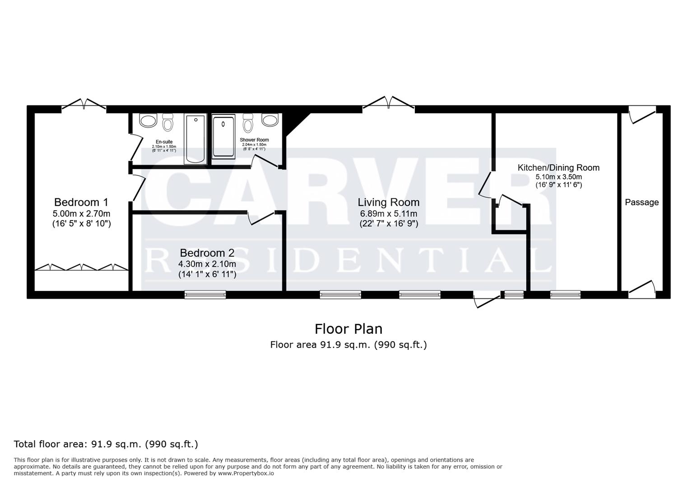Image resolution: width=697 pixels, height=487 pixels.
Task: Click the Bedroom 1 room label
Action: point(81,202)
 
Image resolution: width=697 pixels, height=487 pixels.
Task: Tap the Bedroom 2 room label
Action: point(207,253)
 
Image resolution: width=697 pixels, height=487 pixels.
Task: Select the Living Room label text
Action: point(389,202)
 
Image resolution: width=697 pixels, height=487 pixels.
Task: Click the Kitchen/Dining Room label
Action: point(558,168)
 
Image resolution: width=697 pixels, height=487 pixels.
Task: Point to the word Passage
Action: point(641,202)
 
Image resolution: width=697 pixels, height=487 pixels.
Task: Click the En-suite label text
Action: point(164,142)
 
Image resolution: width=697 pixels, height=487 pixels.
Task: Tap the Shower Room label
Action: point(254,140)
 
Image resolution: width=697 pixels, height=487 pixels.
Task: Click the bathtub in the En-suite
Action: point(195,139)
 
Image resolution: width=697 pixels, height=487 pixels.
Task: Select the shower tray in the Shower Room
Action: point(224,137)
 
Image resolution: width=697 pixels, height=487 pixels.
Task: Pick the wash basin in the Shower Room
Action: point(270,120)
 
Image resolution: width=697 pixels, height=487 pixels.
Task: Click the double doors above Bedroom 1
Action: point(84,104)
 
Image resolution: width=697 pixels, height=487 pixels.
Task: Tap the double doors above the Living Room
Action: point(389,103)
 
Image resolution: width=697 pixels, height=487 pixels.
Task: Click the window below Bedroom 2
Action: point(205,295)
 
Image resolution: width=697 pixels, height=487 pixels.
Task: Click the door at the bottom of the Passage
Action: point(642,289)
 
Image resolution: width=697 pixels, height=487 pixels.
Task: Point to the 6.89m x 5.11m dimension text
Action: point(389,214)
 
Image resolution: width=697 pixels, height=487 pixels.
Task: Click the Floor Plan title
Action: point(348,329)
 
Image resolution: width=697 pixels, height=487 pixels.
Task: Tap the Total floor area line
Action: point(106,444)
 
